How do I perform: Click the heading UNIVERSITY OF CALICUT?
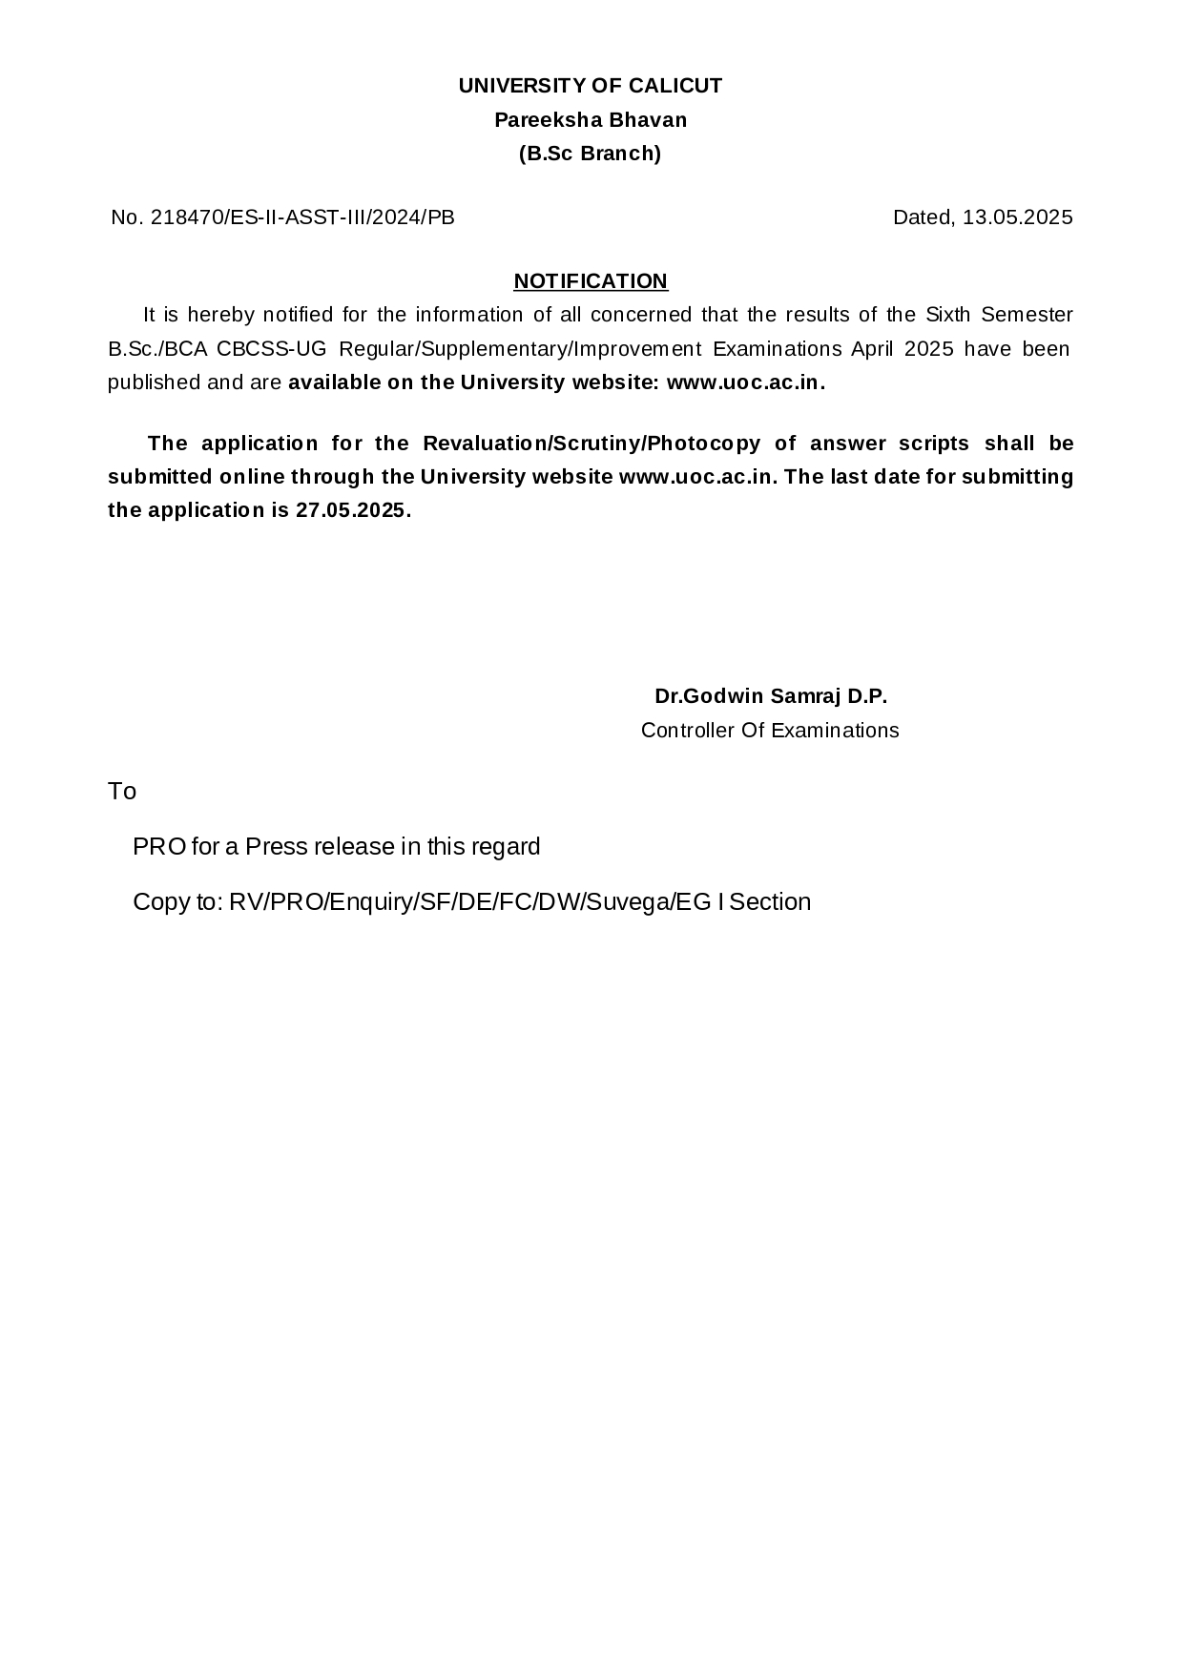(x=590, y=86)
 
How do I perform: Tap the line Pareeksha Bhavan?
(x=590, y=120)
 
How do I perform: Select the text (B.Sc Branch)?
(x=590, y=154)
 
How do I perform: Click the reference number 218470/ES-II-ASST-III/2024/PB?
(x=302, y=217)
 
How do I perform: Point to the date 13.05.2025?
(x=1017, y=217)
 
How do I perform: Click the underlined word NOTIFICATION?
(x=591, y=281)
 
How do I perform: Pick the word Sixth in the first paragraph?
(x=947, y=315)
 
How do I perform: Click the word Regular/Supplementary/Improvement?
(x=520, y=349)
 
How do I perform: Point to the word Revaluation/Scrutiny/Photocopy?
(x=591, y=444)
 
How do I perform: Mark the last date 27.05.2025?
(x=350, y=510)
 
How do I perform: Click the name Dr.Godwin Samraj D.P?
(x=771, y=696)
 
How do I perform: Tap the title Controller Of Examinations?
(x=770, y=731)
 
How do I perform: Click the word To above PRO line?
(x=122, y=792)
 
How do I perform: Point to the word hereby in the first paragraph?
(x=220, y=315)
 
